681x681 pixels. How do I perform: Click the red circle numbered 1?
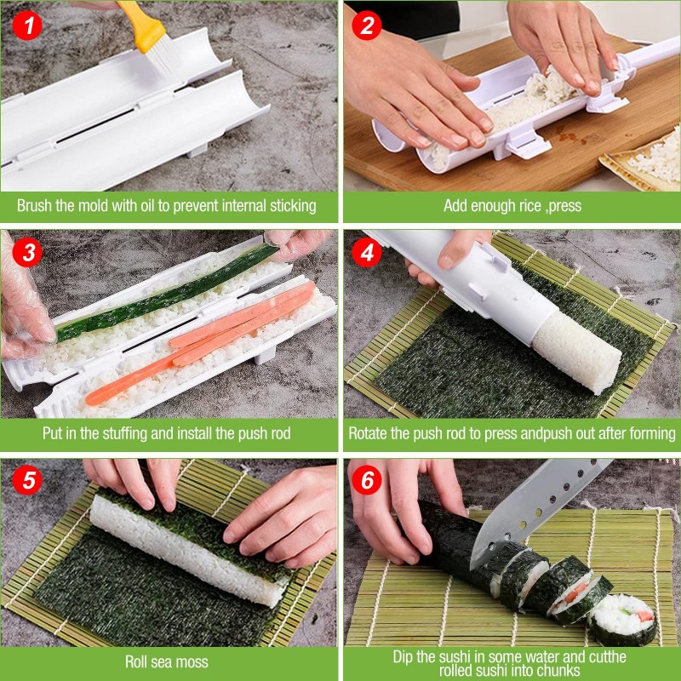(27, 26)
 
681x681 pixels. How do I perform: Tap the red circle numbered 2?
(367, 26)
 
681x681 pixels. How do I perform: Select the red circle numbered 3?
(27, 252)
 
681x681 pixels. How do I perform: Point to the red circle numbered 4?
(367, 252)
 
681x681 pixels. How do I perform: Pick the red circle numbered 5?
(27, 480)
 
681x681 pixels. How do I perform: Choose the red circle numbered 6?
(367, 480)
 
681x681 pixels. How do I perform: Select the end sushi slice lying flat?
(622, 620)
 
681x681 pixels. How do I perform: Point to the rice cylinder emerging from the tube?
(576, 352)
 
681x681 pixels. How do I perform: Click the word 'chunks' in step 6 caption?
(559, 670)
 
